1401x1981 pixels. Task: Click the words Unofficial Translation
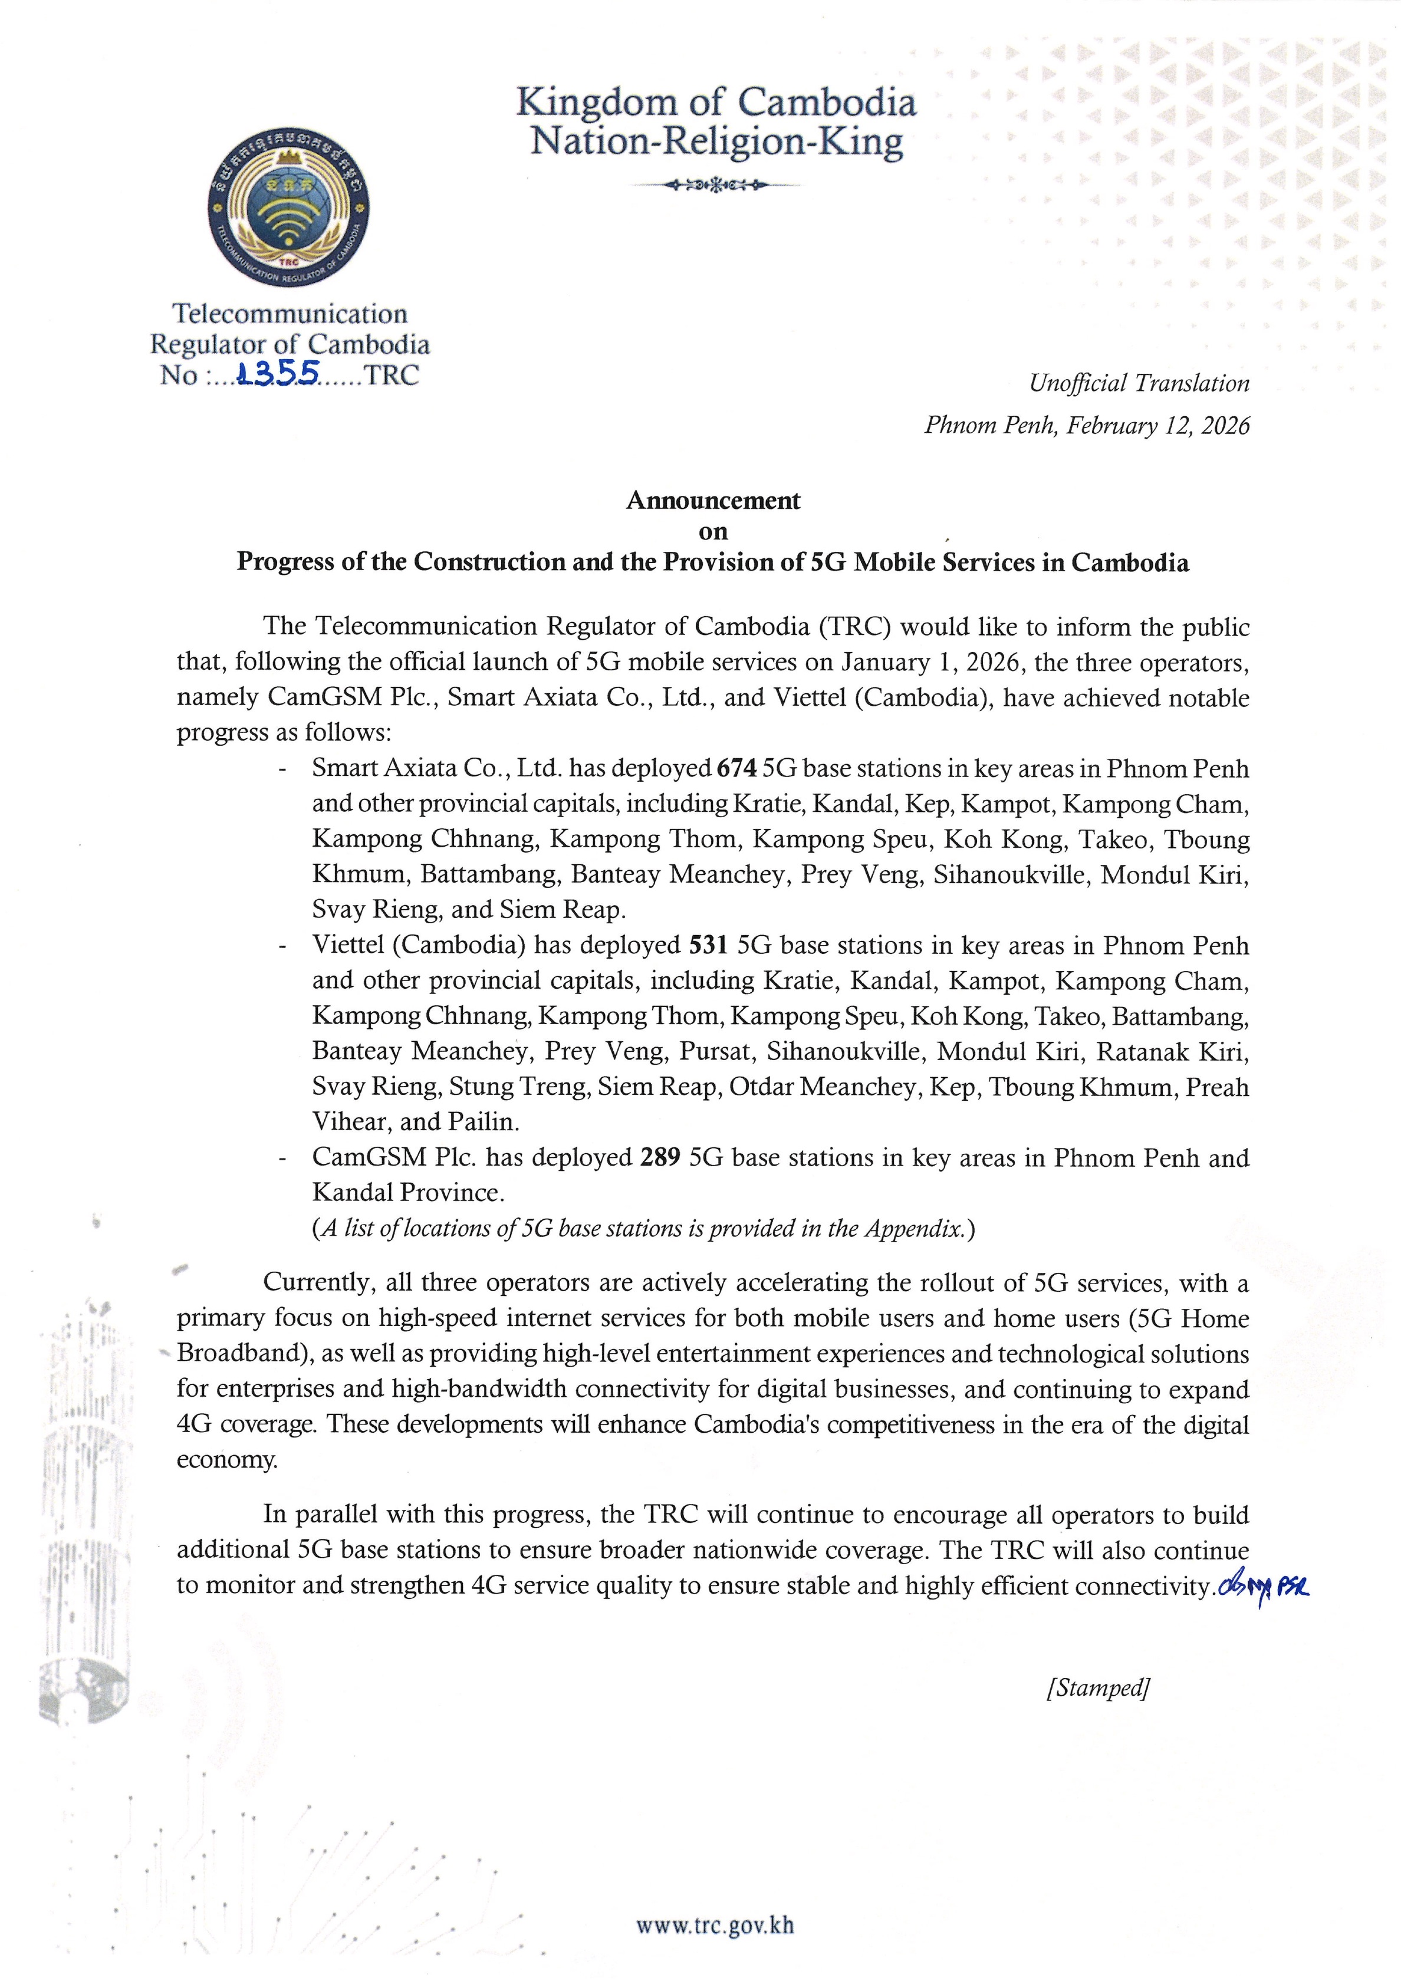[x=1139, y=383]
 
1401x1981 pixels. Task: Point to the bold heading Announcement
[x=713, y=501]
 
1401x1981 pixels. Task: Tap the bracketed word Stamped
[x=1097, y=1687]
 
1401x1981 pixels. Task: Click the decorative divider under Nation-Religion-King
[x=715, y=185]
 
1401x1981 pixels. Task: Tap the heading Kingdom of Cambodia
[x=715, y=103]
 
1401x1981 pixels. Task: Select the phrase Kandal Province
[x=408, y=1192]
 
